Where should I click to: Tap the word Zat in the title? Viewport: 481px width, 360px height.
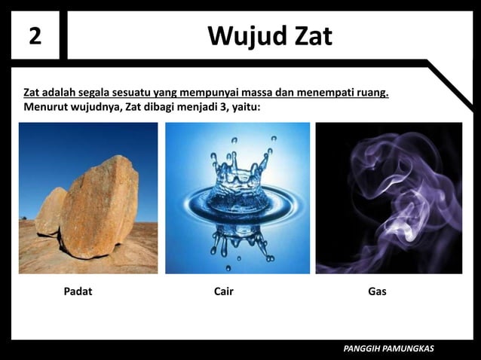pos(308,36)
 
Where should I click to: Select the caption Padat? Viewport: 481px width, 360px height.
pos(78,291)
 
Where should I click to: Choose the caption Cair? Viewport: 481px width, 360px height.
pos(224,291)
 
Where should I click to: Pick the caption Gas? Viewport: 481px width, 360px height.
pos(377,291)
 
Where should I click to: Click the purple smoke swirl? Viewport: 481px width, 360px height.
pos(400,188)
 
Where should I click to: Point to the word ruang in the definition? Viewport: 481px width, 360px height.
pos(370,93)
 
